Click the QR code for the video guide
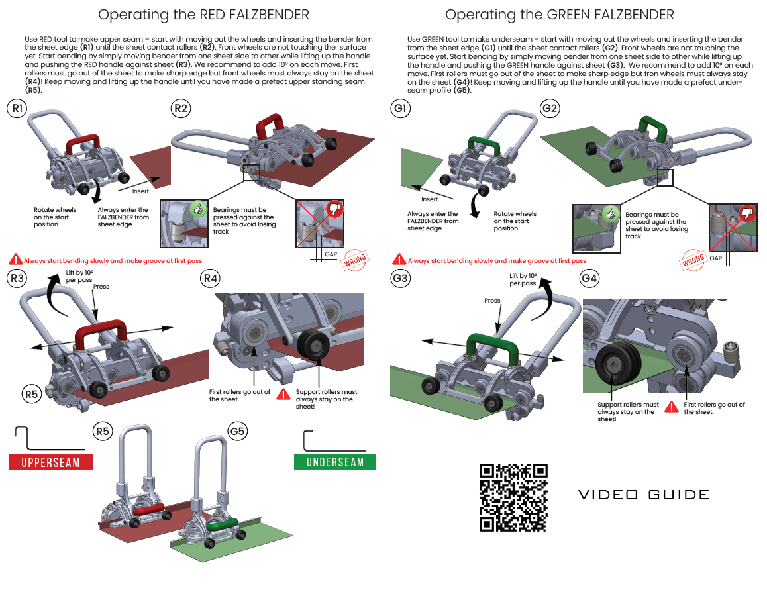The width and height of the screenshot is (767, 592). pyautogui.click(x=513, y=497)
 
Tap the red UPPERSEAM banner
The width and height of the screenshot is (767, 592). pyautogui.click(x=50, y=462)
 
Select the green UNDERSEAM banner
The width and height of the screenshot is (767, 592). pyautogui.click(x=335, y=462)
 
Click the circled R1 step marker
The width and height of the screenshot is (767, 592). pyautogui.click(x=17, y=109)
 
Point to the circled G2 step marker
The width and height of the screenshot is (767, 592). pyautogui.click(x=550, y=109)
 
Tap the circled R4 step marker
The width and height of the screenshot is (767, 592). pyautogui.click(x=210, y=279)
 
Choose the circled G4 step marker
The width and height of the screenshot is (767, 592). pyautogui.click(x=589, y=279)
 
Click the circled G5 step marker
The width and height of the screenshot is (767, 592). pyautogui.click(x=238, y=432)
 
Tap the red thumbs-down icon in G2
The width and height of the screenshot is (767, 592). pyautogui.click(x=748, y=213)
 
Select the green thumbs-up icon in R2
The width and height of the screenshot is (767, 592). pyautogui.click(x=197, y=209)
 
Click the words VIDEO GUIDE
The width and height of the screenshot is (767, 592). pyautogui.click(x=644, y=495)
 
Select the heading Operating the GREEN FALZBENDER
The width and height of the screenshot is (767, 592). pyautogui.click(x=560, y=15)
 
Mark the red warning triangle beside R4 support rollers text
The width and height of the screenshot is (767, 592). pyautogui.click(x=283, y=395)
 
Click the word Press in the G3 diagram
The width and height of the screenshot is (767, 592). pyautogui.click(x=492, y=301)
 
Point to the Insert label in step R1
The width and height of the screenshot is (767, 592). pyautogui.click(x=140, y=191)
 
